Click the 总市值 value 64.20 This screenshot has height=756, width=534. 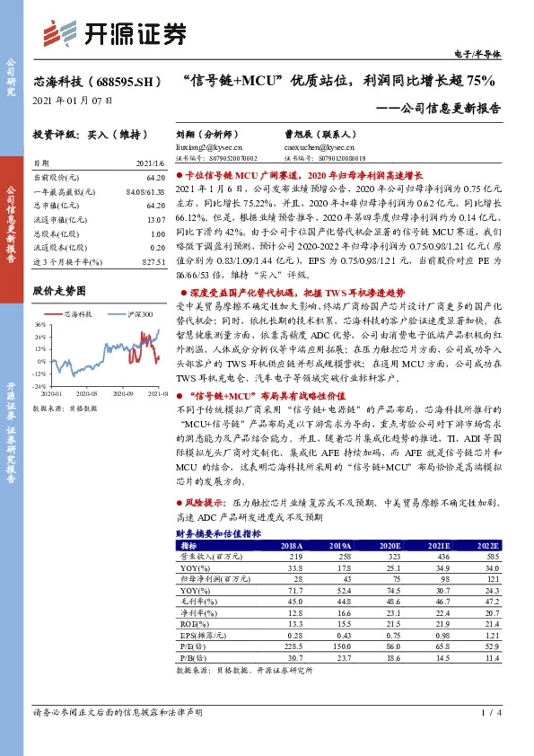pos(156,206)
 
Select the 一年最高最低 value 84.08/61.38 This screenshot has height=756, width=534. pos(146,192)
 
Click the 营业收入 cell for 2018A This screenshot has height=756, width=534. pos(292,557)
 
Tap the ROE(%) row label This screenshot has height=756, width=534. pos(194,624)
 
